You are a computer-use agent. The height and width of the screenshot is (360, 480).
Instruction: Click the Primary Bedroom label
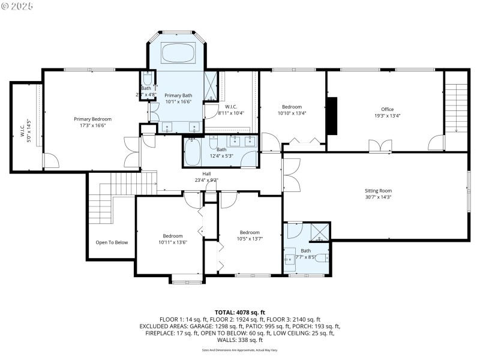[92, 119]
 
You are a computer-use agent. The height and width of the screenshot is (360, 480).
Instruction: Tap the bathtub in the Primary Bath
[179, 52]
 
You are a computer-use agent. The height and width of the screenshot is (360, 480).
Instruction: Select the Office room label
[387, 109]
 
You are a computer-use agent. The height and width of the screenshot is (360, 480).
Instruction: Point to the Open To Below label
[112, 242]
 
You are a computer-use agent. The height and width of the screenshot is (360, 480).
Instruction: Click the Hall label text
[206, 173]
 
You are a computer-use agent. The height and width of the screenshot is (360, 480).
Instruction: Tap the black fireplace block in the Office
[332, 116]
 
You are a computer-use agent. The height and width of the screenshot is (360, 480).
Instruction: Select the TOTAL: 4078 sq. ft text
[240, 312]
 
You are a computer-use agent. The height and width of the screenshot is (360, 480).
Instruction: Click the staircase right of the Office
[456, 108]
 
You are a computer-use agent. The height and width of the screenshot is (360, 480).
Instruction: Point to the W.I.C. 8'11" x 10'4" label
[231, 109]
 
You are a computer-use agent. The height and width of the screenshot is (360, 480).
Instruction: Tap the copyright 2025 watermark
[18, 5]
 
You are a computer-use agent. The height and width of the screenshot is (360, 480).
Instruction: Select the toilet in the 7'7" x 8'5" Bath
[321, 258]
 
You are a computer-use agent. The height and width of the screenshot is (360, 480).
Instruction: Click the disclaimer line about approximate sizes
[240, 349]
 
